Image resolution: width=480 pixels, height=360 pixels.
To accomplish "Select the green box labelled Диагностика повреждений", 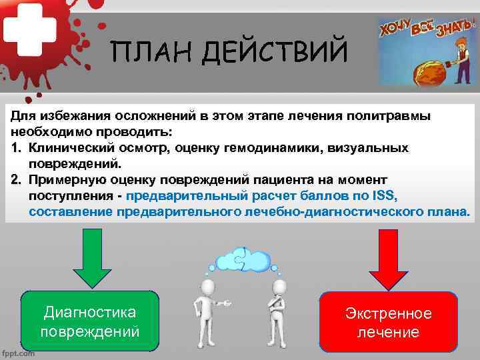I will tap(90, 321).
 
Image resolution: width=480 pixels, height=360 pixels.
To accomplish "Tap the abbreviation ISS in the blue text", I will tap(383, 195).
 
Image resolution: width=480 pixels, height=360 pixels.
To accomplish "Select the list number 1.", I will tap(16, 147).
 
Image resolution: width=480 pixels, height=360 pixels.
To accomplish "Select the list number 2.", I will tap(16, 179).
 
